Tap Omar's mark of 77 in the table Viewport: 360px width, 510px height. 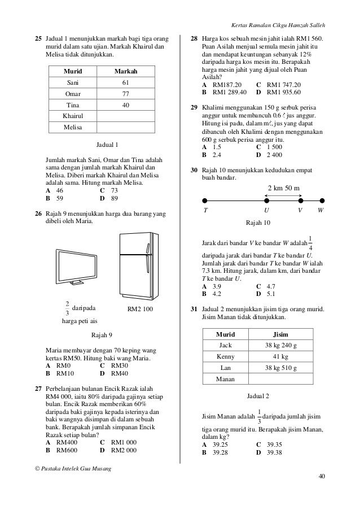click(126, 94)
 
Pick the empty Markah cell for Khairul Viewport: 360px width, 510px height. click(126, 116)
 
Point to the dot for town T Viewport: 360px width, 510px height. click(205, 199)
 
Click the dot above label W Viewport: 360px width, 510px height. click(322, 199)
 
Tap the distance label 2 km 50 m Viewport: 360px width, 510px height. click(283, 187)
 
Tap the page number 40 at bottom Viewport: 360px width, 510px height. click(322, 476)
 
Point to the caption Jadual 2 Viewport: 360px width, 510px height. click(259, 396)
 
